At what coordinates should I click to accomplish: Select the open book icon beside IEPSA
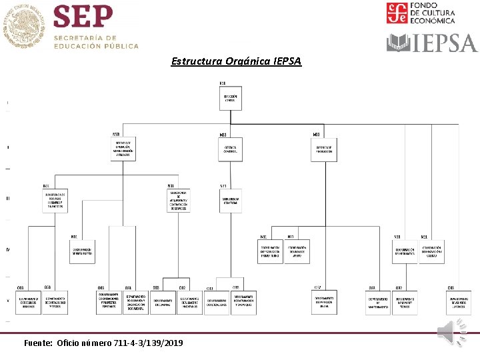coord(399,43)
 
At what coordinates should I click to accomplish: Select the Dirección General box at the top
coord(231,99)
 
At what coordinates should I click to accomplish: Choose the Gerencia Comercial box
coord(231,149)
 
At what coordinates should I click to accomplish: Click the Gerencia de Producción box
coord(324,149)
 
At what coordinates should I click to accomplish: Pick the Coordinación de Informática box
coord(404,251)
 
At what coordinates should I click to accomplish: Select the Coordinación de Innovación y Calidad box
coord(432,251)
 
